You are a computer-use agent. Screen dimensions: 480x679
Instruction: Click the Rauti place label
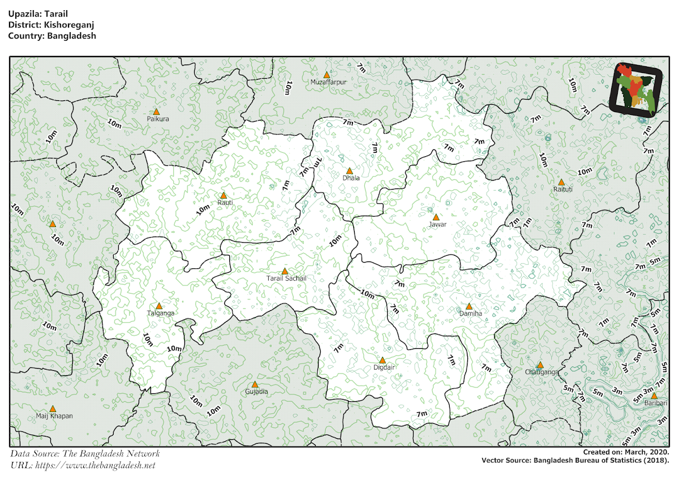(225, 202)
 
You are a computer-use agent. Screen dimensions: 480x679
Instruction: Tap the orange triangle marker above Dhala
(349, 170)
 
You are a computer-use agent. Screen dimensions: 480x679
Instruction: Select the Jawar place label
(437, 224)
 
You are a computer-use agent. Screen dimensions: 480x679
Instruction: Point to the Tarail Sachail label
(286, 278)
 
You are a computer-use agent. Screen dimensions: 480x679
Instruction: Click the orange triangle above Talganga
(159, 306)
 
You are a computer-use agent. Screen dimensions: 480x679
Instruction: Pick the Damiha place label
(470, 313)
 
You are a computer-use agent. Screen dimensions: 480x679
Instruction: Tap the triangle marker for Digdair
(383, 360)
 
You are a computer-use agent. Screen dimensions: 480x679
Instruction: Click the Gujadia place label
(256, 392)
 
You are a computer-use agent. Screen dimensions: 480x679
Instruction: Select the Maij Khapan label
(54, 416)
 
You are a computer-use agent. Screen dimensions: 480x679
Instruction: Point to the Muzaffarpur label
(328, 82)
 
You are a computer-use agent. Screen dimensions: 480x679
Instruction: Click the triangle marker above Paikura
(156, 112)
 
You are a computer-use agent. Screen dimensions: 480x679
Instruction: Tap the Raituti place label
(563, 190)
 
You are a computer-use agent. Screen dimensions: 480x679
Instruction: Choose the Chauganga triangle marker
(540, 365)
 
